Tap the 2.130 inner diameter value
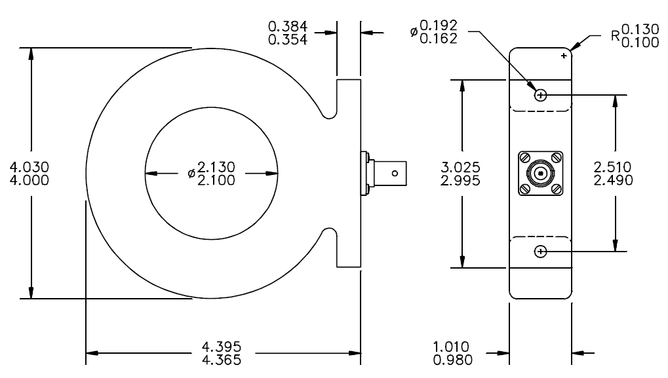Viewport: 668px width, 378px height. click(217, 167)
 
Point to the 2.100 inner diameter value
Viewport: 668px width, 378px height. click(217, 180)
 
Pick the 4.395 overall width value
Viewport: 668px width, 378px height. click(223, 347)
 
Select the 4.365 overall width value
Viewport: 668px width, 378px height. click(223, 360)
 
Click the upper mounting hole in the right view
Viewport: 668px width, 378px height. click(541, 96)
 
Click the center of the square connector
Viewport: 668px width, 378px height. click(541, 174)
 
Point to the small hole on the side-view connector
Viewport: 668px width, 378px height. click(395, 174)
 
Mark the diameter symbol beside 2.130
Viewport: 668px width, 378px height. click(191, 174)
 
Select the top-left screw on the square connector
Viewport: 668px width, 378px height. click(525, 158)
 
